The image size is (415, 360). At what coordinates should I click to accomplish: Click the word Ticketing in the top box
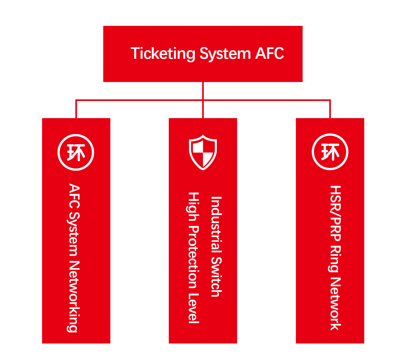click(x=163, y=54)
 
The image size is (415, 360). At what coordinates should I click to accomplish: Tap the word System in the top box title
click(x=225, y=54)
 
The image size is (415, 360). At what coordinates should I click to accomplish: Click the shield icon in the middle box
click(x=203, y=153)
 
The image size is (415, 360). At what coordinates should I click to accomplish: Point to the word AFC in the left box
click(x=74, y=196)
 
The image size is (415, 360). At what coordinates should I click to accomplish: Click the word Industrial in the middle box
click(x=216, y=224)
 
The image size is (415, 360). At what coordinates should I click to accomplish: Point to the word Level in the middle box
click(x=194, y=308)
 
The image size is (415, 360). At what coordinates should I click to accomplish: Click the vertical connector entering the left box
click(x=76, y=109)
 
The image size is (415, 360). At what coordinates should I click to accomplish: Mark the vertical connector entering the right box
click(x=330, y=109)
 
